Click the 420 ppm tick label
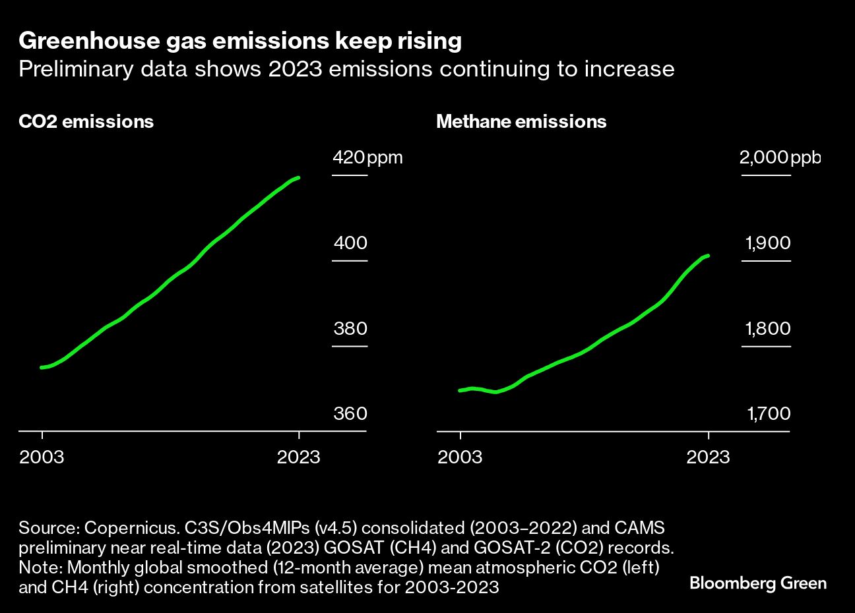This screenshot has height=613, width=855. (367, 158)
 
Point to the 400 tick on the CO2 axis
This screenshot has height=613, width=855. (350, 243)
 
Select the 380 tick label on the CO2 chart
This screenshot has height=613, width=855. (350, 328)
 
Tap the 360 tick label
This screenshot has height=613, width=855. (350, 413)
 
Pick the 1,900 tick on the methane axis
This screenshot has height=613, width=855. (768, 243)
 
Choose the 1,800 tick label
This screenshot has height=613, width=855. (768, 328)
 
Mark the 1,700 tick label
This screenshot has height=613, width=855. (768, 413)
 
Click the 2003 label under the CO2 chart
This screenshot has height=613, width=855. (42, 457)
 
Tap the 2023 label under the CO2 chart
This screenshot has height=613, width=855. (299, 457)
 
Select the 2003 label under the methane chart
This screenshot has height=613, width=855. (460, 457)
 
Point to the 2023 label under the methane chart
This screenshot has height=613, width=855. (708, 457)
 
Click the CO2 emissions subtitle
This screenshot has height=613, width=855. (86, 122)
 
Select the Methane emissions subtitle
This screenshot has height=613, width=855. (521, 122)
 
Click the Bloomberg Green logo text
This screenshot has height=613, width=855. (758, 583)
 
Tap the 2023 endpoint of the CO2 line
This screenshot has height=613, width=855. (299, 178)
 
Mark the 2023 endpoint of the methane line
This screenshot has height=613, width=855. (708, 256)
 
